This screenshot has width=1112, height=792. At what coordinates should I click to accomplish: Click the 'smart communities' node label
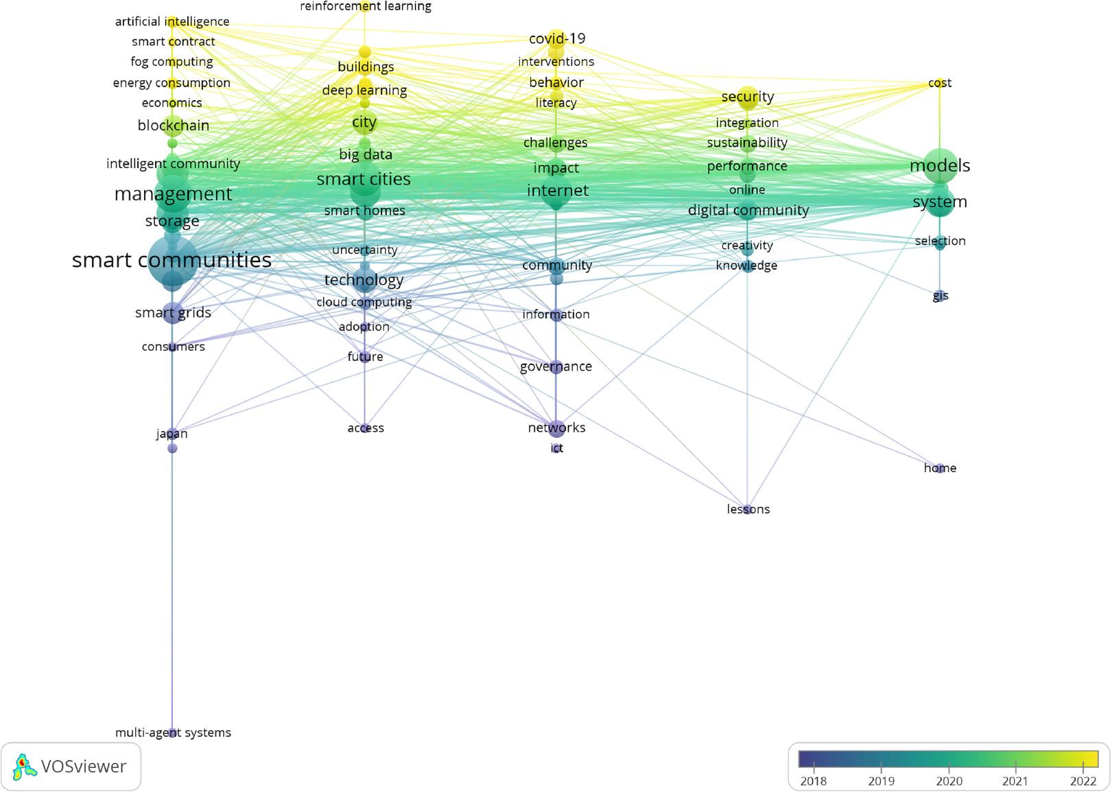click(171, 260)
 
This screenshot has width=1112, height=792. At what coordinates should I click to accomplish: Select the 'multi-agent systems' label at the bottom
click(173, 732)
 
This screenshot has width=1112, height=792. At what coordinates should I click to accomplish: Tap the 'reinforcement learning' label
click(365, 6)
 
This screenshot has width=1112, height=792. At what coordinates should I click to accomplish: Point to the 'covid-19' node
click(556, 38)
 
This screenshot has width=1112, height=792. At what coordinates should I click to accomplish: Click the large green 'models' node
click(940, 165)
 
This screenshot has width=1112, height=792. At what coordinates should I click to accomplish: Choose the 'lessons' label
click(748, 509)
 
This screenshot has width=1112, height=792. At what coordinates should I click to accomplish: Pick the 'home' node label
click(940, 468)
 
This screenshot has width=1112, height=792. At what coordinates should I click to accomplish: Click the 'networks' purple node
click(556, 428)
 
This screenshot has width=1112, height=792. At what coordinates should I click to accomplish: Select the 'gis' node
click(940, 296)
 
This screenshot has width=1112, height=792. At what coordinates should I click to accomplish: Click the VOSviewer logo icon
click(25, 767)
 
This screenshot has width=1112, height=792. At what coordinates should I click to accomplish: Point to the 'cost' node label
click(939, 83)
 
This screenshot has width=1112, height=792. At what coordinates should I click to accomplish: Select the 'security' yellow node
click(748, 97)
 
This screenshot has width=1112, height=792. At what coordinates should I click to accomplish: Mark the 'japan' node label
click(171, 434)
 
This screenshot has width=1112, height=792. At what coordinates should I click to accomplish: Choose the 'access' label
click(365, 428)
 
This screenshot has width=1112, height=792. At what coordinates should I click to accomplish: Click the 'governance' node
click(556, 366)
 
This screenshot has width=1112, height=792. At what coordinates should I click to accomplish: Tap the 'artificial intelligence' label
click(172, 22)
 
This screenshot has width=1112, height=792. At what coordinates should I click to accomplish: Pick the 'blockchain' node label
click(173, 126)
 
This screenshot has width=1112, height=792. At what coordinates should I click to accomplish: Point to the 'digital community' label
click(748, 211)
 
